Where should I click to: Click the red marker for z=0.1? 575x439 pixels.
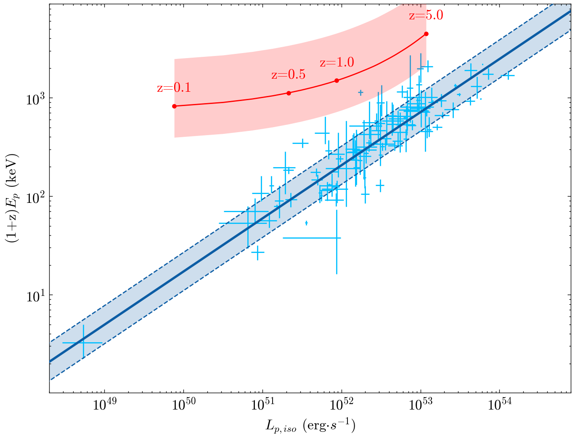point(175,106)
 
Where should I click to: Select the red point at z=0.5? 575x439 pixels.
point(289,93)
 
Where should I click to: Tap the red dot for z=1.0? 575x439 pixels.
point(337,80)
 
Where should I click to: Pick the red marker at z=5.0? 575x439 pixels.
point(426,34)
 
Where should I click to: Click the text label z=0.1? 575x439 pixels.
point(174,88)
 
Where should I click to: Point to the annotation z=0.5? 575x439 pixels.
point(288,75)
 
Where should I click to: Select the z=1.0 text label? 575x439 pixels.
point(337,63)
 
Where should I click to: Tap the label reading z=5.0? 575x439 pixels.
point(426,16)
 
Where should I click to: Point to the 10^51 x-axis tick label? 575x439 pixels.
point(262,406)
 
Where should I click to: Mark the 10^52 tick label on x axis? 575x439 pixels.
point(342,406)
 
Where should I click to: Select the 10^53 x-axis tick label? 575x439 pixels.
point(421,406)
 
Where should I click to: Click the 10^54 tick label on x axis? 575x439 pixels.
point(500,406)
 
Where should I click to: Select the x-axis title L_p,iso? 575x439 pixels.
point(310,426)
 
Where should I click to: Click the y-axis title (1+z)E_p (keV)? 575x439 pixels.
point(11,198)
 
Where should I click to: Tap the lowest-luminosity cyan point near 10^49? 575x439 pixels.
point(83,343)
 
